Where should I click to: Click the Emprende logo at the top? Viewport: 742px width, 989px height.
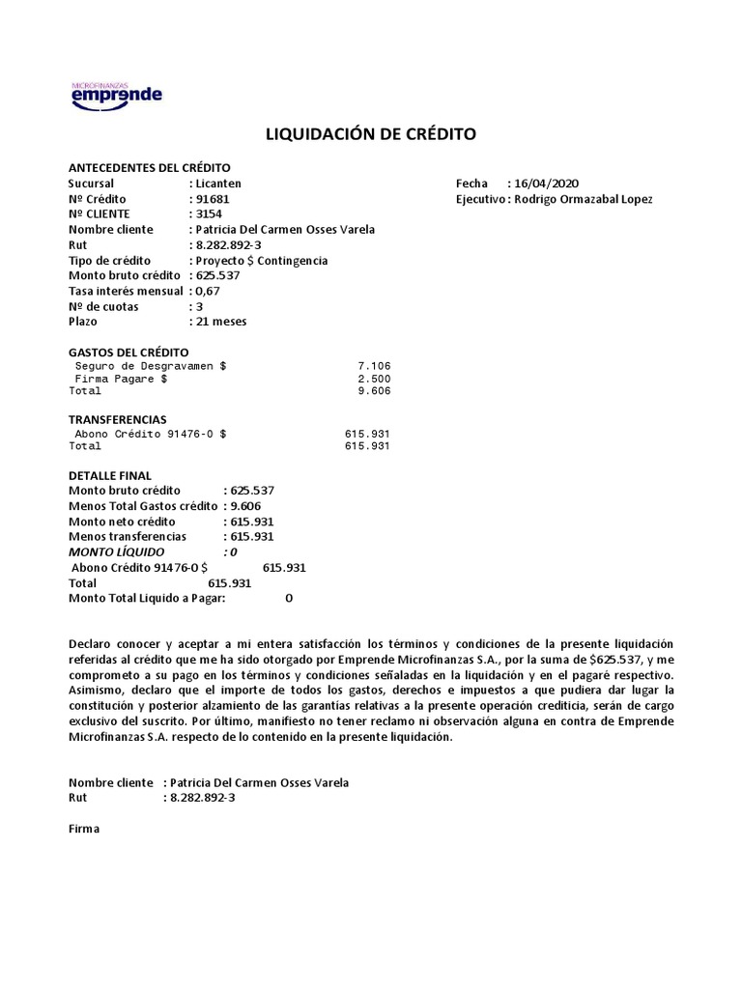click(117, 94)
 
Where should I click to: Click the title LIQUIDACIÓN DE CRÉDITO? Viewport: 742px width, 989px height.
click(370, 134)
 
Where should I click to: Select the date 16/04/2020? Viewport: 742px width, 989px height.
click(547, 184)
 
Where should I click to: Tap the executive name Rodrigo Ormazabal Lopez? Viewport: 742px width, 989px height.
click(583, 199)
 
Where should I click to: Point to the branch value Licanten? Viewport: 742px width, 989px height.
click(218, 184)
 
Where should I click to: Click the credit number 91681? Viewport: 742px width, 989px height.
click(213, 199)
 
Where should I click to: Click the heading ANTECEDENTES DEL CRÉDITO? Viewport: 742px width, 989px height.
click(150, 167)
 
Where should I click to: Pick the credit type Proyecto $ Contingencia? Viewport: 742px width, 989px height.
click(261, 261)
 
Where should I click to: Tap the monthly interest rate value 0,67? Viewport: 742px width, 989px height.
click(208, 292)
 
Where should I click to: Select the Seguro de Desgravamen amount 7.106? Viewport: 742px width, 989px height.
click(373, 367)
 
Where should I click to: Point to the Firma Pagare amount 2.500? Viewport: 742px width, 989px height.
click(373, 380)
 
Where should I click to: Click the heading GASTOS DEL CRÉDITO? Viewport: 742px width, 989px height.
click(128, 353)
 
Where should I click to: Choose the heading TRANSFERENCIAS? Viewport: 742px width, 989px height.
click(118, 420)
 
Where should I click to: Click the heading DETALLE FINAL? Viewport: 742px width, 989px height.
click(110, 476)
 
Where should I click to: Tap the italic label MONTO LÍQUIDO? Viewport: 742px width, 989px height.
click(117, 552)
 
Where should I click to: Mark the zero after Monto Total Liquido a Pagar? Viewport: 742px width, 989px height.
click(289, 599)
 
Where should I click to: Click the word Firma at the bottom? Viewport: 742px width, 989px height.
click(84, 830)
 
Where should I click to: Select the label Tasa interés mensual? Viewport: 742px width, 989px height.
click(126, 292)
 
